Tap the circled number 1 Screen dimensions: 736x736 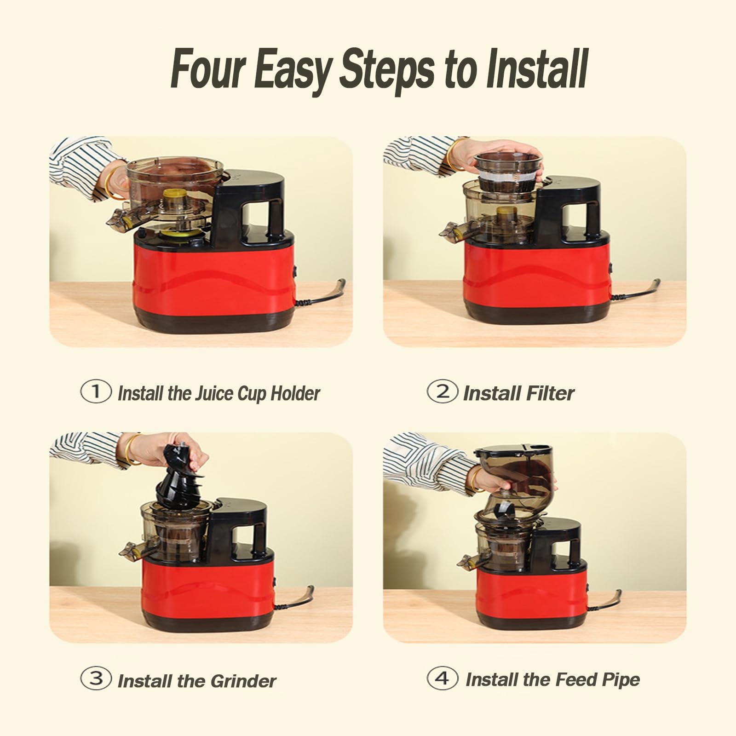click(x=96, y=391)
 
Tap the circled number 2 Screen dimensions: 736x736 click(x=443, y=391)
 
